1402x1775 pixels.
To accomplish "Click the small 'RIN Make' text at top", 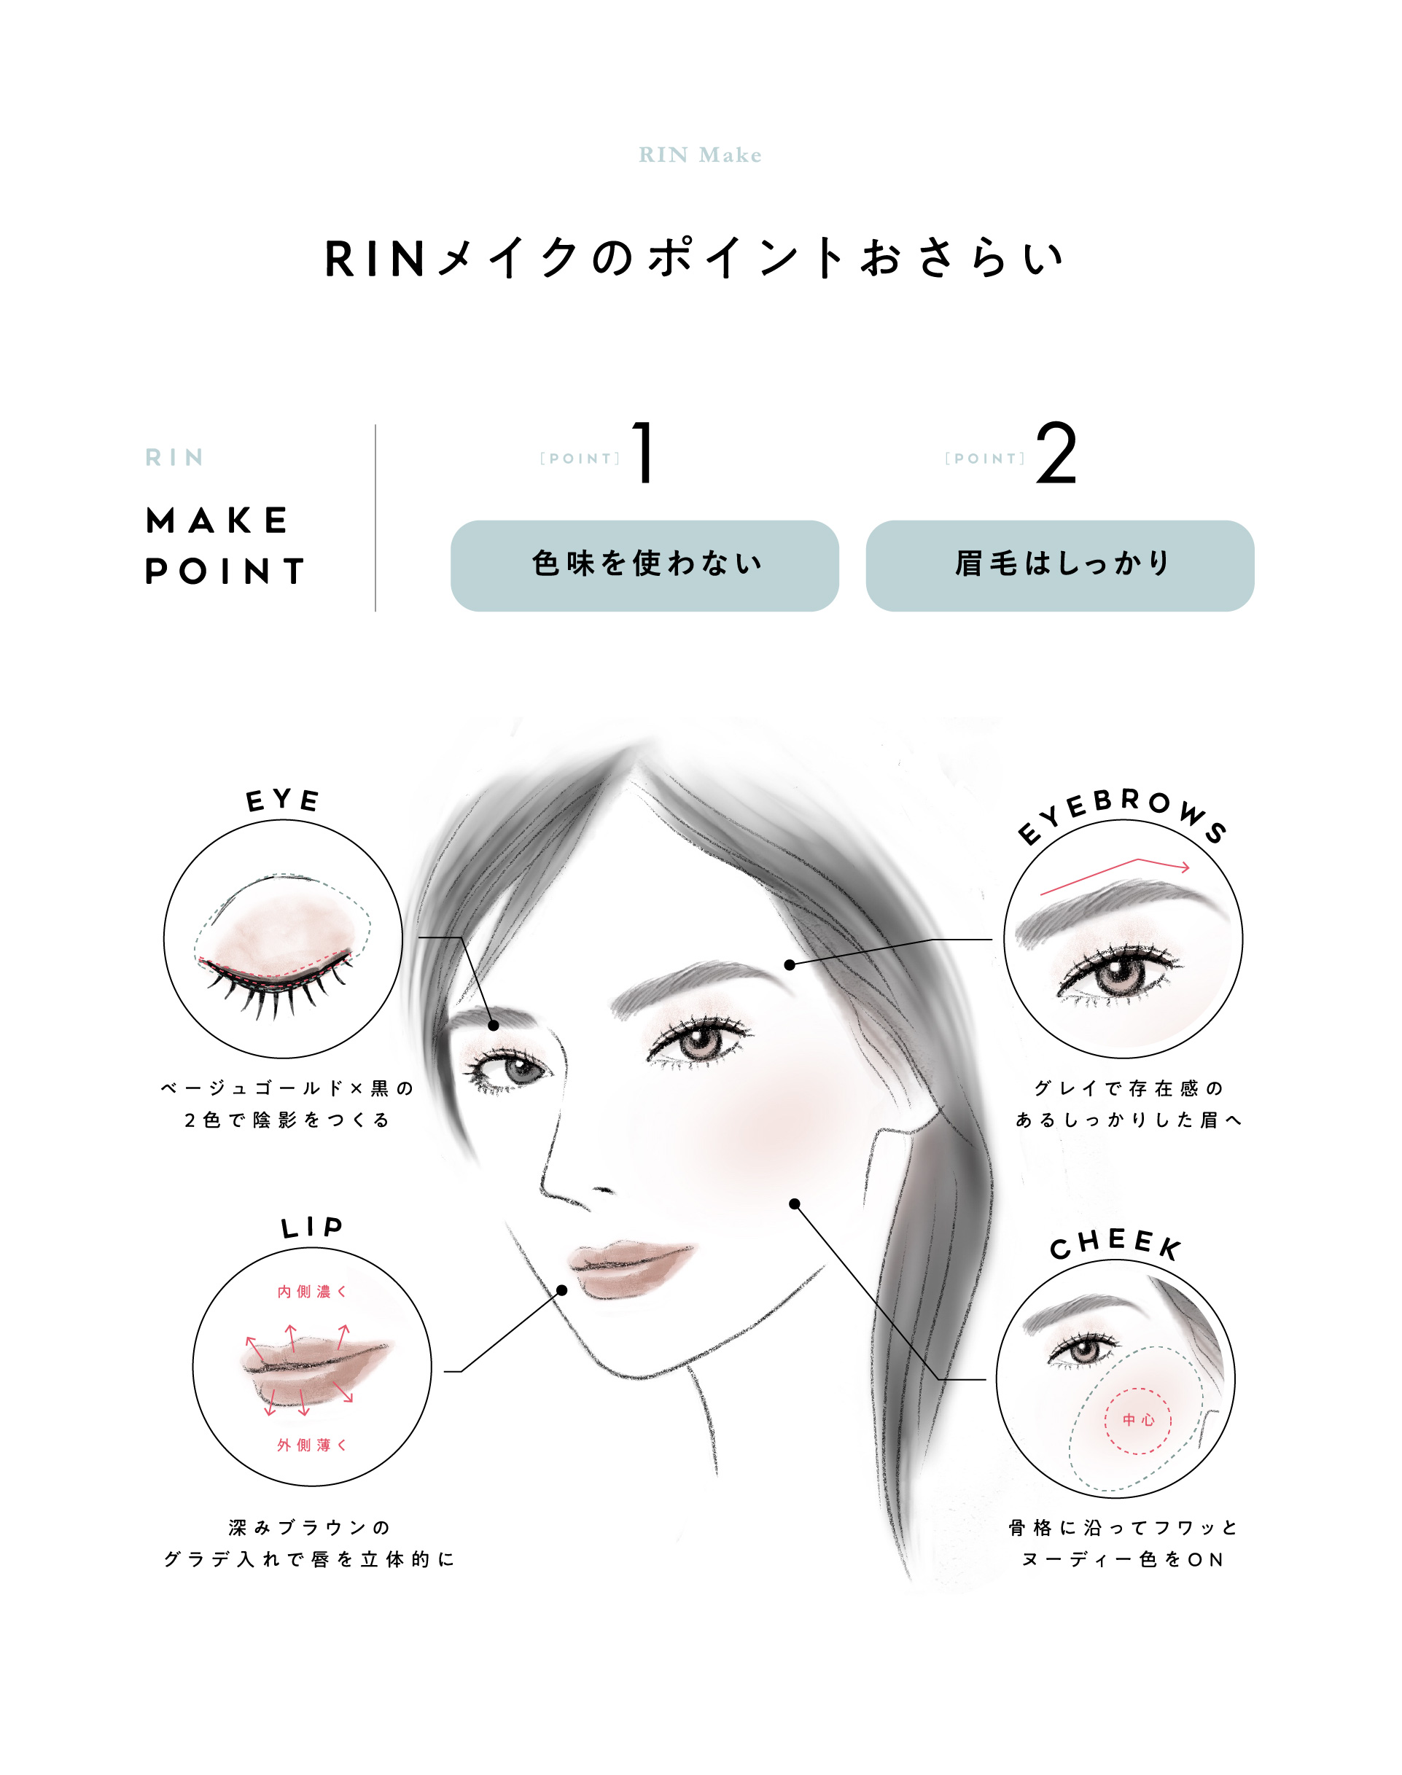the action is tap(700, 155).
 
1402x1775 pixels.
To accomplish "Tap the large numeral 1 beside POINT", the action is tap(644, 452).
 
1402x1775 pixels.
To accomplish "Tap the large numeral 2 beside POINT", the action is tap(1056, 452).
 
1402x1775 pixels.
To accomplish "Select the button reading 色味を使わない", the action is tap(644, 566).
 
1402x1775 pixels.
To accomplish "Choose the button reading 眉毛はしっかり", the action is tap(1060, 566).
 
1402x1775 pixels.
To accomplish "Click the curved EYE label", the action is tap(282, 800).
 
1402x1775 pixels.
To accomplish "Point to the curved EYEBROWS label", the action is tap(1121, 814).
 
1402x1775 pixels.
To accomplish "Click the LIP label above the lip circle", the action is tap(311, 1228).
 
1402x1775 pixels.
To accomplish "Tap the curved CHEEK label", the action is tap(1115, 1244).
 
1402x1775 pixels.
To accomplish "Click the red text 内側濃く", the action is tap(311, 1292).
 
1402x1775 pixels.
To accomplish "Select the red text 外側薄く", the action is tap(311, 1445).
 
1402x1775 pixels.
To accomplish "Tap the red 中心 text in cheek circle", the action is tap(1139, 1420).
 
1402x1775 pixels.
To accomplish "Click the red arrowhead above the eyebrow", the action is tap(1185, 867).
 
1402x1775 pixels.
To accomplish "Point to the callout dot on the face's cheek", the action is tap(795, 1204).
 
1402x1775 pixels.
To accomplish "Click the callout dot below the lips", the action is tap(562, 1290).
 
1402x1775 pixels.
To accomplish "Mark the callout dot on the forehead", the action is tap(790, 965).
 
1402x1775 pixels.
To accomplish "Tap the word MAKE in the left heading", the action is tap(217, 520).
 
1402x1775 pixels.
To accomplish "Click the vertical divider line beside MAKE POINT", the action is tap(375, 518).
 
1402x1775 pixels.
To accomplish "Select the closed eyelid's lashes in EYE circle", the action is tap(275, 989).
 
